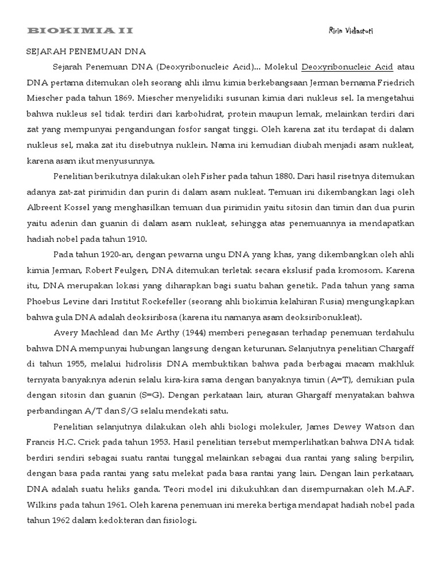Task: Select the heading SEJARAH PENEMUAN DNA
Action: tap(87, 52)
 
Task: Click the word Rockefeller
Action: tap(152, 300)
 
